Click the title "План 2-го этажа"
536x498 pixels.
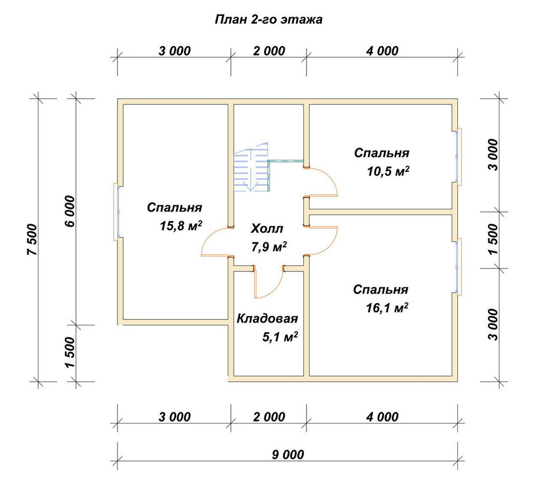click(269, 19)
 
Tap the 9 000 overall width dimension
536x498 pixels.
click(288, 455)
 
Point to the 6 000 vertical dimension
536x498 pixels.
click(69, 212)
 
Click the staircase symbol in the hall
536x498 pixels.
click(252, 168)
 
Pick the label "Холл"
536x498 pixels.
click(267, 228)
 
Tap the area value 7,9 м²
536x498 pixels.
click(269, 246)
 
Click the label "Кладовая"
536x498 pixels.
click(267, 319)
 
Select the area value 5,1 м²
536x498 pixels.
click(280, 337)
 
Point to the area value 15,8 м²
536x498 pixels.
click(181, 225)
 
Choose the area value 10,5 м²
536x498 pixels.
click(388, 171)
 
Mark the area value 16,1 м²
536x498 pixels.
click(387, 308)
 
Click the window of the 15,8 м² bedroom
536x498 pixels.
click(116, 212)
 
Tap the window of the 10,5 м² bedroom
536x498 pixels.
click(459, 156)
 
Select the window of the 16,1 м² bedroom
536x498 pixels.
click(459, 267)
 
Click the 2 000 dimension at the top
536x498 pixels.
click(269, 51)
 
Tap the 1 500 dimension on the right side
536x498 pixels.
click(493, 239)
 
